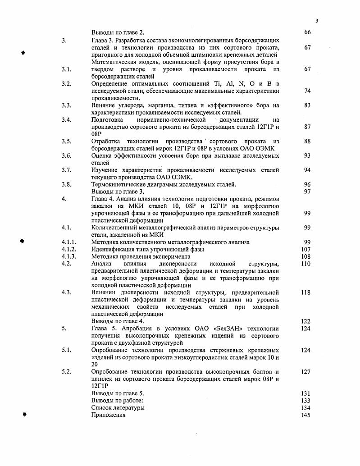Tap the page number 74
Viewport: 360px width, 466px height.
[x=307, y=91]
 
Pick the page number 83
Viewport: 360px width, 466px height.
[x=307, y=105]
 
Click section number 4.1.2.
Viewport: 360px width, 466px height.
[x=69, y=249]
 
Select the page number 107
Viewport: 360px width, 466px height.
[x=306, y=249]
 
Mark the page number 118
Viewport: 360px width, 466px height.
[x=306, y=292]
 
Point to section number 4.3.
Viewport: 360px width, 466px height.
[x=67, y=292]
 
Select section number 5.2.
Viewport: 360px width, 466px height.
[x=67, y=372]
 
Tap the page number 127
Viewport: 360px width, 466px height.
[x=306, y=372]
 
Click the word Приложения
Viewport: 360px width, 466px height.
[x=108, y=415]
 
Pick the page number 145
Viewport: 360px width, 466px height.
[x=306, y=415]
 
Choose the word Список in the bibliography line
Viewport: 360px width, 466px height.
[x=102, y=408]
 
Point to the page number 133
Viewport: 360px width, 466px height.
[x=306, y=401]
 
